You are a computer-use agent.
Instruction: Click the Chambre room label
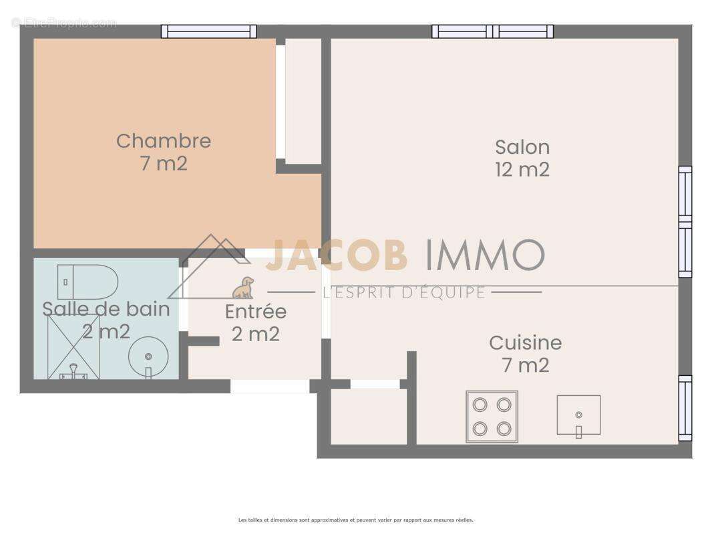pos(164,140)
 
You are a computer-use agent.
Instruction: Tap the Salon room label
pos(522,147)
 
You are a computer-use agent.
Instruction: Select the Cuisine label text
pos(525,342)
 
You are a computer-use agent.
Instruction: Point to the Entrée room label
pos(255,312)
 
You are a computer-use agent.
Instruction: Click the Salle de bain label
pos(106,309)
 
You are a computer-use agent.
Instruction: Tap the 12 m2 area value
pos(522,170)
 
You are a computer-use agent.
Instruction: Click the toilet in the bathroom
pos(87,282)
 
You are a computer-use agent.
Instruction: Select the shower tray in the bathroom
pos(73,346)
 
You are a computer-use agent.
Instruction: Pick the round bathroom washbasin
pos(148,357)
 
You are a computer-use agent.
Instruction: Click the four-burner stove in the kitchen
pos(492,416)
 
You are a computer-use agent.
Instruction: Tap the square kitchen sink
pos(578,415)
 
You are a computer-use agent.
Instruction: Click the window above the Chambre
pos(209,31)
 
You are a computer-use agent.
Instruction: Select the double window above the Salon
pos(492,31)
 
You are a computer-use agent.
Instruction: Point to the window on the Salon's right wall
pos(685,221)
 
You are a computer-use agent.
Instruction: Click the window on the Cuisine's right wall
pos(685,408)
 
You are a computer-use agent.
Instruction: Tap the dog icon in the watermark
pos(243,288)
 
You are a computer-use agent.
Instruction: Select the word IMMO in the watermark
pos(485,255)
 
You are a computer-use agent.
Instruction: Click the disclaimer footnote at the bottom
pos(355,520)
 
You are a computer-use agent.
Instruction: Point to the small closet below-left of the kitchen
pos(369,416)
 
